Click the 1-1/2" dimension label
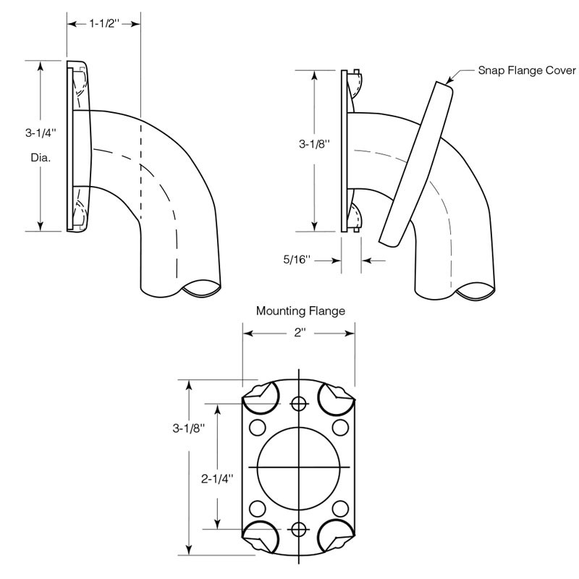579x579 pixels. pyautogui.click(x=103, y=23)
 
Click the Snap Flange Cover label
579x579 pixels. pyautogui.click(x=526, y=71)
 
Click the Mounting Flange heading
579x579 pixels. pyautogui.click(x=300, y=312)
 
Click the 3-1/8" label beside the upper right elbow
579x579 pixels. pyautogui.click(x=314, y=143)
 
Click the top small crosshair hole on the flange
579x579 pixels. pyautogui.click(x=297, y=403)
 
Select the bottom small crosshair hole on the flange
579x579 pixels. pyautogui.click(x=297, y=528)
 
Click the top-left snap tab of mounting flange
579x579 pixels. pyautogui.click(x=258, y=395)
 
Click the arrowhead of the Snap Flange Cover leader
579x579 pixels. pyautogui.click(x=449, y=81)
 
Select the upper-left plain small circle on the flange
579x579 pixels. pyautogui.click(x=256, y=427)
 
